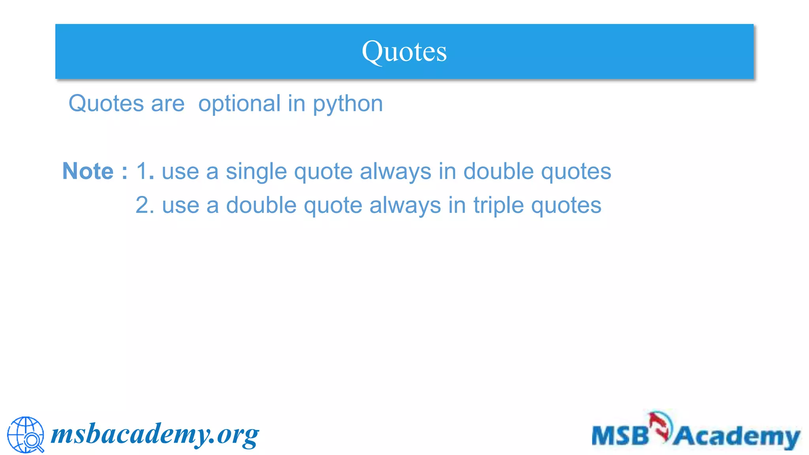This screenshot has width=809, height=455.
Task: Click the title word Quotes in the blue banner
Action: [x=404, y=52]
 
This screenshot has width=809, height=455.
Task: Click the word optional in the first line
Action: [x=239, y=104]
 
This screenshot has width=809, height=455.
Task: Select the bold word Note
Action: [x=88, y=171]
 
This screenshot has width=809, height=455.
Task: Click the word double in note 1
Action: [x=498, y=171]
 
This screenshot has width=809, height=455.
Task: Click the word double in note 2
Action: [x=261, y=205]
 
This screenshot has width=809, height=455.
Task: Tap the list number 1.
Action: [x=145, y=171]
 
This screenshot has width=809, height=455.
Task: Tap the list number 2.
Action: [x=145, y=205]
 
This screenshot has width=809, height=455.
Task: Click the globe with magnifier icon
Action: [x=26, y=434]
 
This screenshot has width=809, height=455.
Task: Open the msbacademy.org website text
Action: [x=155, y=434]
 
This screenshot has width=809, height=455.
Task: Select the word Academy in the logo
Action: [x=737, y=437]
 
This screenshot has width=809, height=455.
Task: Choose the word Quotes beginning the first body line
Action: [x=106, y=104]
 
